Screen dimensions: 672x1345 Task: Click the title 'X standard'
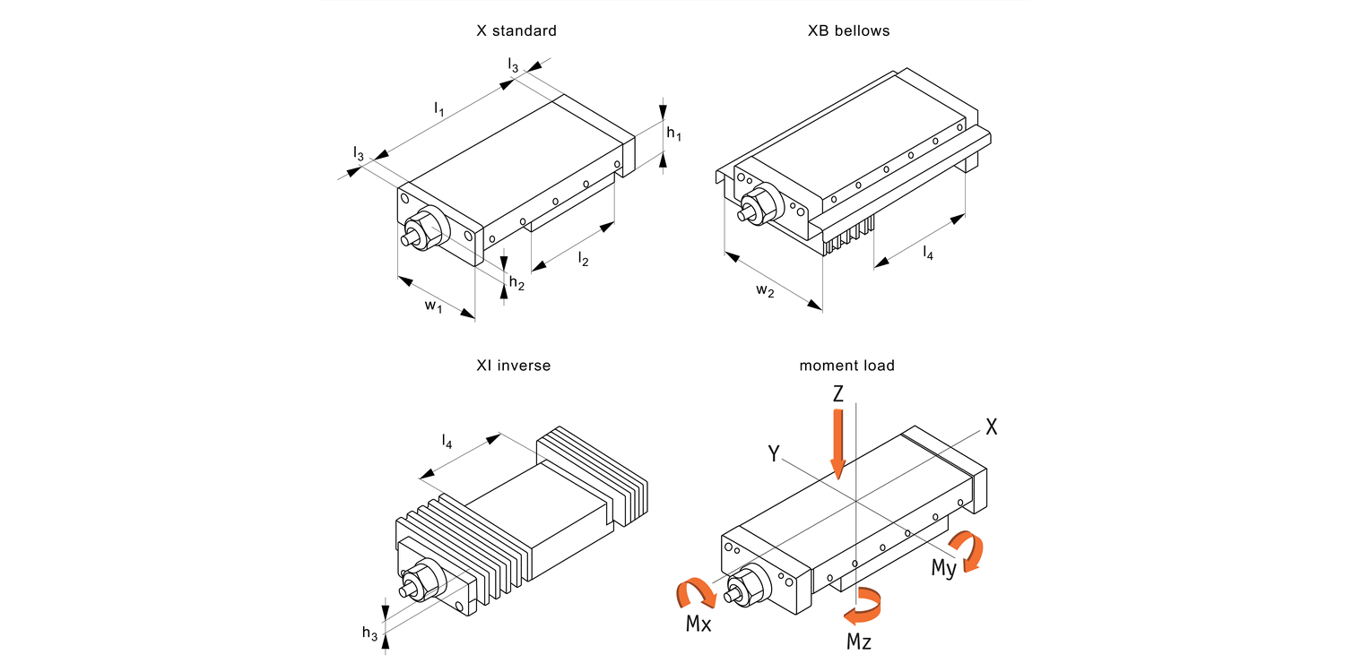click(516, 30)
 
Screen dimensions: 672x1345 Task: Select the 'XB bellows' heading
click(848, 30)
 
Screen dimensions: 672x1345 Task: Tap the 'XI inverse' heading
click(514, 366)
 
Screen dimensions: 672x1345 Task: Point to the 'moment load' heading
click(846, 366)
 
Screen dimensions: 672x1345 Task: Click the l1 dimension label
click(439, 109)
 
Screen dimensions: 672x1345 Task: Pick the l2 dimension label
click(584, 259)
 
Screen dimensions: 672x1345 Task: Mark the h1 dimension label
click(674, 134)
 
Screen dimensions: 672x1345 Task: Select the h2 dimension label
click(516, 283)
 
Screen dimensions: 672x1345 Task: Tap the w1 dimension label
click(434, 306)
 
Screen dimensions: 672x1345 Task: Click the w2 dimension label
click(765, 291)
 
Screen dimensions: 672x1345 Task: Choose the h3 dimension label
click(369, 633)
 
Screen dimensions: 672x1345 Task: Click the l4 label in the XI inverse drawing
click(447, 441)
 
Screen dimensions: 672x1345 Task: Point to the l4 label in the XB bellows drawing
click(928, 254)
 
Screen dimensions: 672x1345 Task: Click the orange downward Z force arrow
click(837, 442)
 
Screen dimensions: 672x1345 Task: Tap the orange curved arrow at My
click(968, 547)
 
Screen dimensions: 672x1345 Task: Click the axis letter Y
click(773, 454)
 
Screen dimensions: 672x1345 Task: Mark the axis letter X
click(991, 427)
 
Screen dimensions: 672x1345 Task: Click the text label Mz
click(858, 642)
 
